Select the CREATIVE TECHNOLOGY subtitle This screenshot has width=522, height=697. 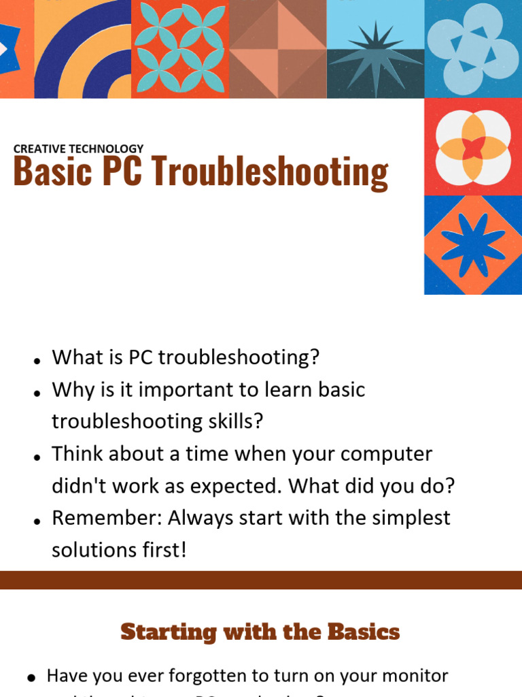click(78, 148)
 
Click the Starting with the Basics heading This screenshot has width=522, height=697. click(260, 632)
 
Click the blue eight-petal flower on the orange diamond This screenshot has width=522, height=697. click(473, 246)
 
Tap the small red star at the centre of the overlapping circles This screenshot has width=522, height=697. click(473, 148)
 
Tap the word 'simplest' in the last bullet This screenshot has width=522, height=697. click(410, 518)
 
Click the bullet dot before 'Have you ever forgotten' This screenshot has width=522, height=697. click(31, 677)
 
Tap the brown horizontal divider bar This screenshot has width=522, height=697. click(261, 580)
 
